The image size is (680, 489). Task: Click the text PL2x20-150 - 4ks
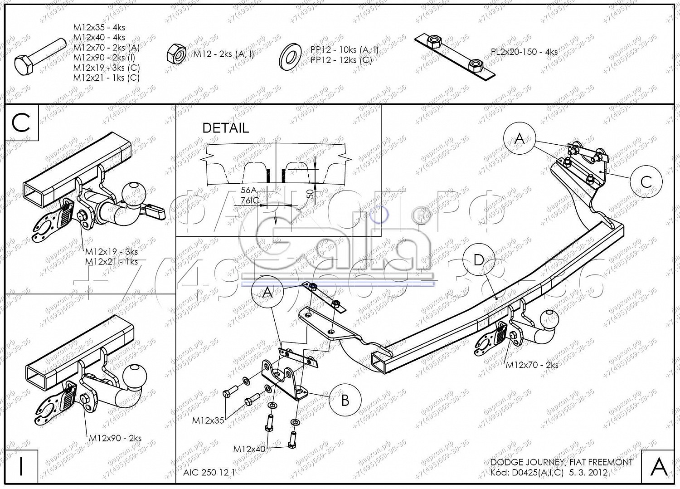524,52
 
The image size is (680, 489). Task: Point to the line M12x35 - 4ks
99,28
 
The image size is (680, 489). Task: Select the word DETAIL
225,128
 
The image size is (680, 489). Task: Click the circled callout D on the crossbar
479,260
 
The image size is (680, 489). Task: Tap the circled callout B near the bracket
345,400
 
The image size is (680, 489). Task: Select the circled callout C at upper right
646,182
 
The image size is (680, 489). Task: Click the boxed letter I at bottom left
21,466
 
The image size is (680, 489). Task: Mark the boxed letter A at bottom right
658,466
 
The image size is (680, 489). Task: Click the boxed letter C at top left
21,122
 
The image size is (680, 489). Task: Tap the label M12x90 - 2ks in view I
115,438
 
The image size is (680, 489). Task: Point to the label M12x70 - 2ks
532,365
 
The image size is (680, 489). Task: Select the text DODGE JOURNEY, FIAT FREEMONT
561,462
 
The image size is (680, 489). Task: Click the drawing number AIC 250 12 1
209,472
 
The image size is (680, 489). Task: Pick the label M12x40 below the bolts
249,449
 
